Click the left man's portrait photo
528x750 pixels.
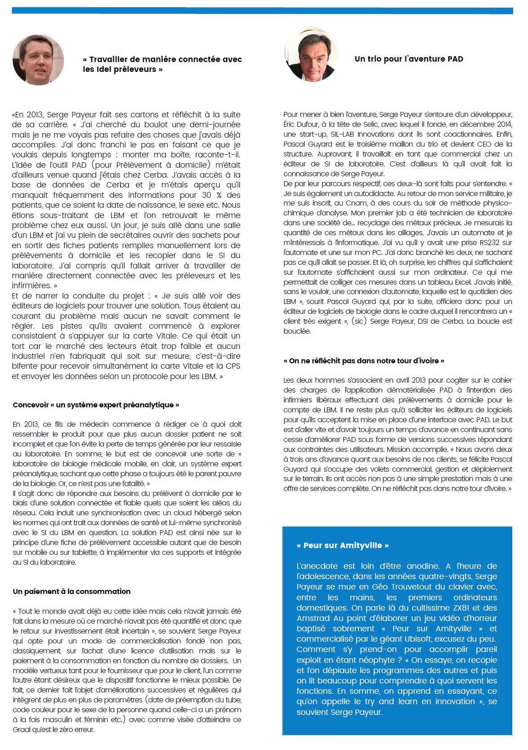point(38,60)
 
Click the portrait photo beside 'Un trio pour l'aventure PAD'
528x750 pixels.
point(311,54)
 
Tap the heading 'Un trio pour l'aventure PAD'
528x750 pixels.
point(408,59)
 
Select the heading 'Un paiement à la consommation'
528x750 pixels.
point(72,591)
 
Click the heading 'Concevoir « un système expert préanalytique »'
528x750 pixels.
point(96,405)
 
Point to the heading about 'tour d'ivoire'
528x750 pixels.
point(364,361)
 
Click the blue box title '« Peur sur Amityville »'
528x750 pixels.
point(343,545)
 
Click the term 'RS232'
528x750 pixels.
point(489,242)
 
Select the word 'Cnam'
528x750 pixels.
point(356,203)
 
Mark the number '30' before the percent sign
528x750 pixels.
point(206,195)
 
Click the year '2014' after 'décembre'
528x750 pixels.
point(501,124)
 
